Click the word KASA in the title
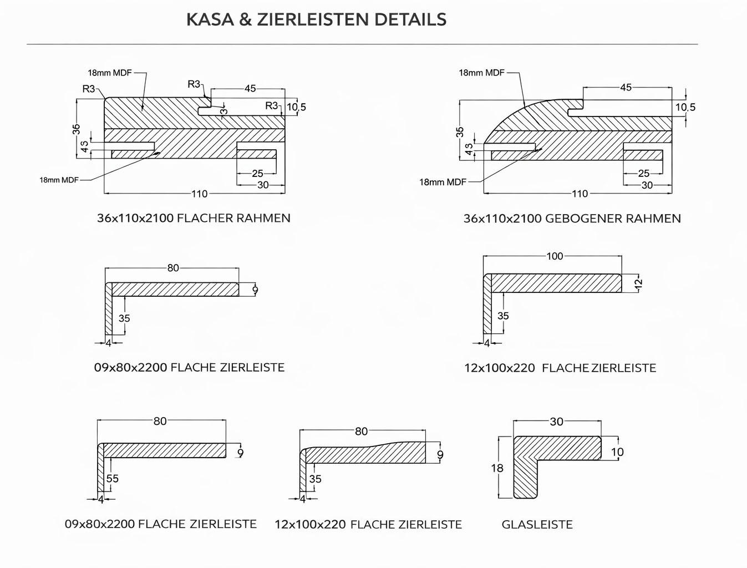coord(210,19)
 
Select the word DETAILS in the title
coord(410,19)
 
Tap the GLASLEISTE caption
coord(537,524)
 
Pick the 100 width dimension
coord(555,256)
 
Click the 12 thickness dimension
coord(638,283)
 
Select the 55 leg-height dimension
coord(113,479)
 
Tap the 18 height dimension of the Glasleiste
coord(497,468)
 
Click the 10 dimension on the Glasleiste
coord(617,452)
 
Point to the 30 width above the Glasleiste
coord(556,422)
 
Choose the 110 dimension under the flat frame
coord(199,194)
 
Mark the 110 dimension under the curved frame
coord(580,194)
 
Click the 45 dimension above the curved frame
coord(626,88)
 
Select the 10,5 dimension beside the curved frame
coord(685,108)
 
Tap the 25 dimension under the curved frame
coord(643,174)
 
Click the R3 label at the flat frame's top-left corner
coord(89,89)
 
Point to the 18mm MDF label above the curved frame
coord(481,73)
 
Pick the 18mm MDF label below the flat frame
coord(59,180)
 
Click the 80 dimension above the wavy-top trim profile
coord(361,432)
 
